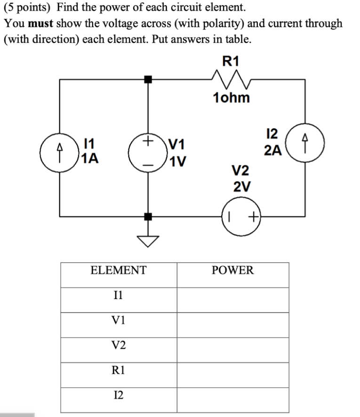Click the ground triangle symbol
pyautogui.click(x=148, y=240)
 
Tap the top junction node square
pyautogui.click(x=148, y=79)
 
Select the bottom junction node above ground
pyautogui.click(x=148, y=217)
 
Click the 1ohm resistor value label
pyautogui.click(x=231, y=98)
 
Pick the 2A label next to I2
pyautogui.click(x=273, y=150)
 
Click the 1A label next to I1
pyautogui.click(x=90, y=158)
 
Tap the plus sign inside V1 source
pyautogui.click(x=148, y=140)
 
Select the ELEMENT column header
pyautogui.click(x=119, y=270)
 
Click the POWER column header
pyautogui.click(x=232, y=270)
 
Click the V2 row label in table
pyautogui.click(x=119, y=346)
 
